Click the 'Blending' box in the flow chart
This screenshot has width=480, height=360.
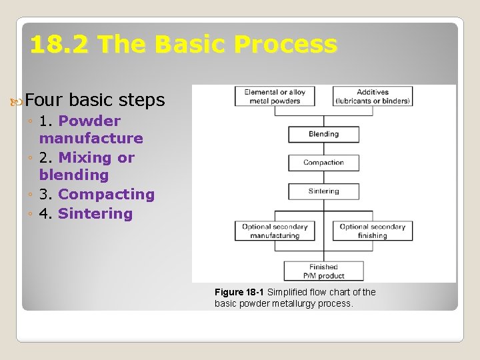pyautogui.click(x=323, y=134)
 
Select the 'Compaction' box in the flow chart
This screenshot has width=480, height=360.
pyautogui.click(x=323, y=163)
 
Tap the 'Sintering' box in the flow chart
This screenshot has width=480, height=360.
pyautogui.click(x=323, y=191)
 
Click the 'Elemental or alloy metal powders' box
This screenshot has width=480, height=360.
pyautogui.click(x=275, y=97)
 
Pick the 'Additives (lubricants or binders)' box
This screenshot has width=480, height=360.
pyautogui.click(x=372, y=97)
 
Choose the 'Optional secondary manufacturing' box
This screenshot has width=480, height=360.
pyautogui.click(x=275, y=231)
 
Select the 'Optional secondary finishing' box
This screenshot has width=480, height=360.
pyautogui.click(x=372, y=231)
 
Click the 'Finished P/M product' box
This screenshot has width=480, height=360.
pyautogui.click(x=323, y=271)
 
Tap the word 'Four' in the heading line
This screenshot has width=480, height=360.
pyautogui.click(x=45, y=100)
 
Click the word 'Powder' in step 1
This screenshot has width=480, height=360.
pyautogui.click(x=89, y=121)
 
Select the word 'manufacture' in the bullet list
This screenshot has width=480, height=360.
pyautogui.click(x=91, y=139)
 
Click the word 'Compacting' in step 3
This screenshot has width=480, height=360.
pyautogui.click(x=106, y=195)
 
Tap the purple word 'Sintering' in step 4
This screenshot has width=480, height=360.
pyautogui.click(x=95, y=214)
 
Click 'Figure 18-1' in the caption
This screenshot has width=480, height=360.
pyautogui.click(x=239, y=292)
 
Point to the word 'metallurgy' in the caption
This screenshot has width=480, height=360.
pyautogui.click(x=298, y=304)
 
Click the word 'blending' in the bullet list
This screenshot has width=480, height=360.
pyautogui.click(x=73, y=175)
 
